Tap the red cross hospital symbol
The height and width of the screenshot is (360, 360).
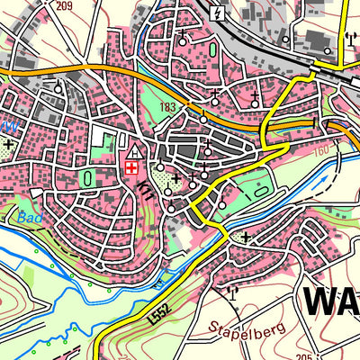point(132,167)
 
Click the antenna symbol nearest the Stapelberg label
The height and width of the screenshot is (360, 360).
point(231,292)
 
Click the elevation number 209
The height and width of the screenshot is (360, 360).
point(62,6)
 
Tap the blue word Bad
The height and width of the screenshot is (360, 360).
point(30,217)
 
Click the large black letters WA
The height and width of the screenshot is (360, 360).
point(329,301)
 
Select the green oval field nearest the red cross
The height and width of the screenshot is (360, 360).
point(88,179)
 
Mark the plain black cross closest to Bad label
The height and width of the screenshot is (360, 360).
point(10,144)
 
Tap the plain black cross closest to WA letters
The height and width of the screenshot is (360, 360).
point(245,237)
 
